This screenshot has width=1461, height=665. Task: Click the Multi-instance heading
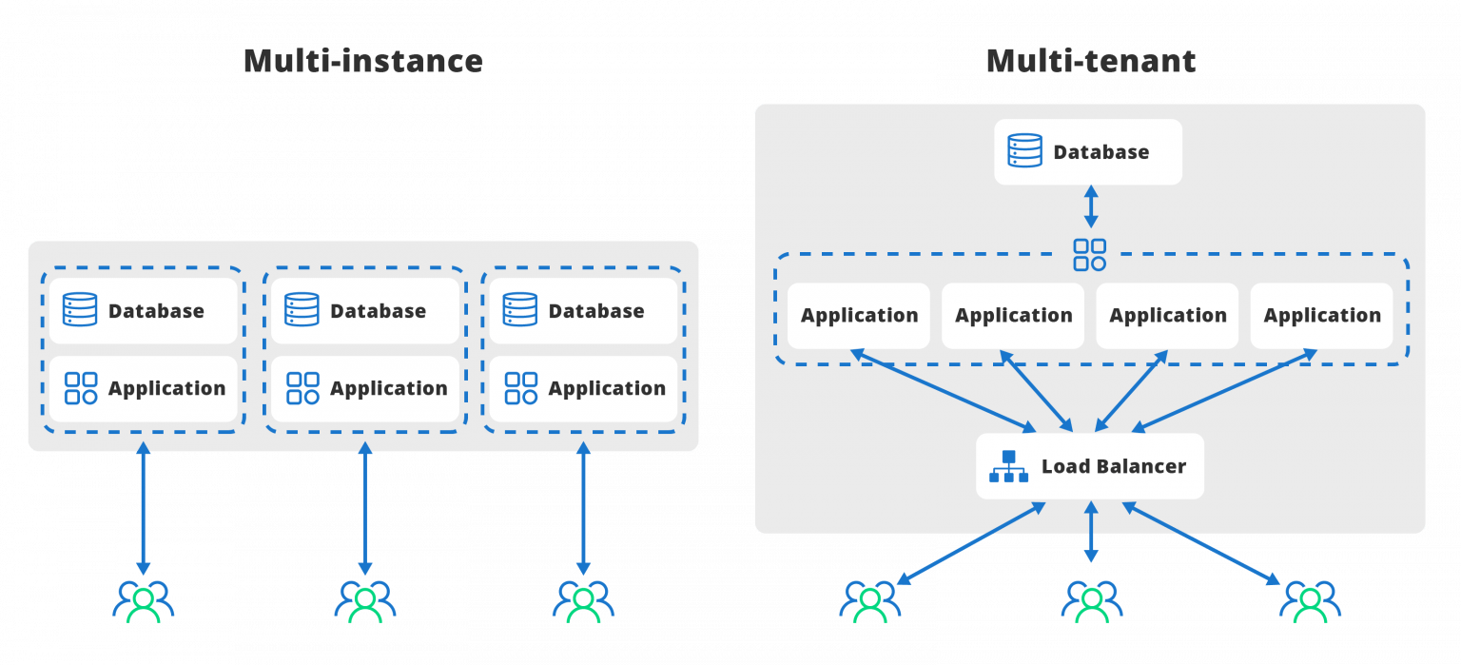(x=363, y=61)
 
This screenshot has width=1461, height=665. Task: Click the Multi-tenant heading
(x=1091, y=61)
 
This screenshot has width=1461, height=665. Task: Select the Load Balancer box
(x=1090, y=466)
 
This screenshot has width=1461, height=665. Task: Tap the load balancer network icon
(x=1008, y=466)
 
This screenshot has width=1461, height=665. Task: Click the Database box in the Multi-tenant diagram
(x=1088, y=152)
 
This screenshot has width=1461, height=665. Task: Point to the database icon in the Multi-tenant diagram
(x=1024, y=150)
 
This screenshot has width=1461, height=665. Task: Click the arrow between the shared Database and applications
(x=1091, y=206)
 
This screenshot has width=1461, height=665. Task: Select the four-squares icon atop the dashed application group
(x=1090, y=255)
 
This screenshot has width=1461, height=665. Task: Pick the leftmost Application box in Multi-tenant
(x=858, y=315)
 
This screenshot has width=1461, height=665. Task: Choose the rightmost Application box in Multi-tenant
(x=1321, y=315)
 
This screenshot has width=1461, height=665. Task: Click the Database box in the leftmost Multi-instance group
(x=143, y=311)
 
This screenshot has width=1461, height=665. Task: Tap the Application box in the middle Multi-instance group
(x=365, y=388)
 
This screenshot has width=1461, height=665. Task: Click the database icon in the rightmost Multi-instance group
(x=520, y=309)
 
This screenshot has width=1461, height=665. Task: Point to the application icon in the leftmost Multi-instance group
(x=81, y=388)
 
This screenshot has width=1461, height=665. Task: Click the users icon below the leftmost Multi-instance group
(x=144, y=601)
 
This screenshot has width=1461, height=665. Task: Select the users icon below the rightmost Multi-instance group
(x=583, y=601)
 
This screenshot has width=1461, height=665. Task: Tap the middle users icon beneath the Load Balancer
(x=1092, y=601)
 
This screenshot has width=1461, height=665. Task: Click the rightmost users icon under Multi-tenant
(x=1311, y=601)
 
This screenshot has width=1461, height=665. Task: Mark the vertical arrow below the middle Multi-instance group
(x=365, y=508)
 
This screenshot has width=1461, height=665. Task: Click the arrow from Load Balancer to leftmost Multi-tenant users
(x=972, y=543)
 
